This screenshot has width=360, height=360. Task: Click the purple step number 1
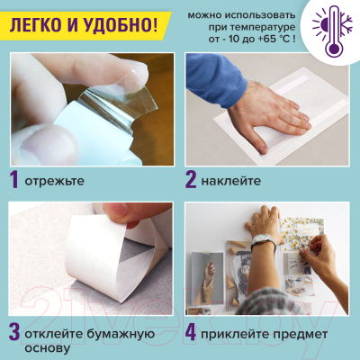14,179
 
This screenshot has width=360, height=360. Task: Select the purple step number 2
192,179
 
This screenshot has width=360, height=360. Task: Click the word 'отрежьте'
56,181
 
